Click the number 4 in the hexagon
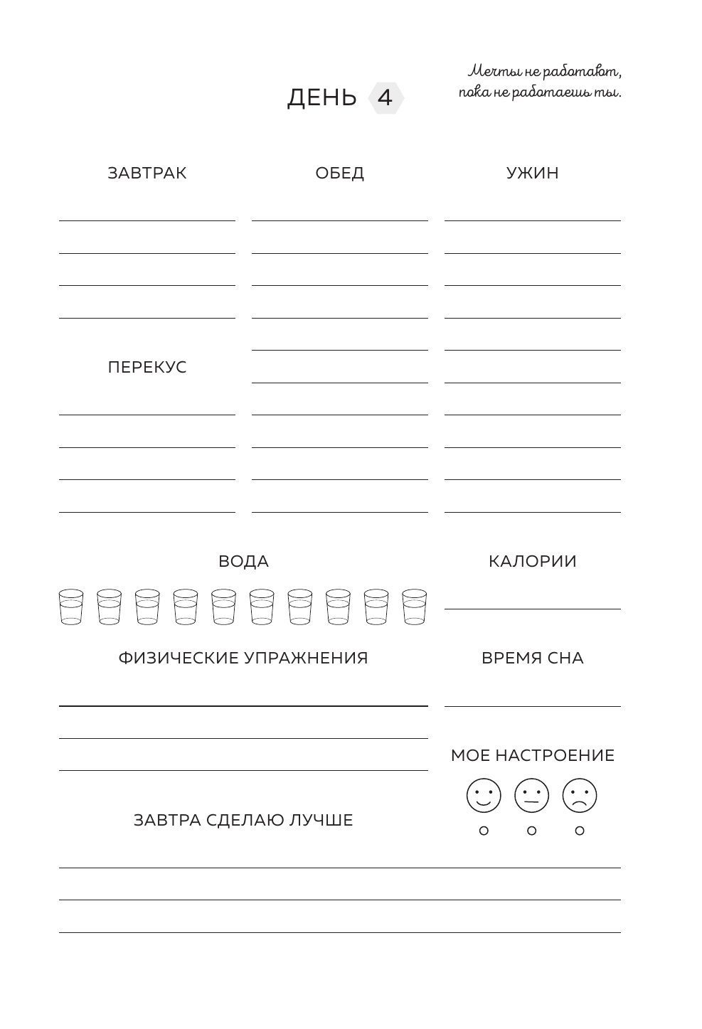pyautogui.click(x=385, y=97)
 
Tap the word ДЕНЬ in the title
pyautogui.click(x=321, y=97)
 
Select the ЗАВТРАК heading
pyautogui.click(x=147, y=174)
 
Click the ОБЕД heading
pyautogui.click(x=340, y=174)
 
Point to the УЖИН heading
pyautogui.click(x=533, y=174)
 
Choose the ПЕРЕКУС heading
pyautogui.click(x=147, y=368)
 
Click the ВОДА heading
pyautogui.click(x=243, y=562)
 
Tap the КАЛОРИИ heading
pyautogui.click(x=533, y=562)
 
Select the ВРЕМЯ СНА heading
pyautogui.click(x=533, y=659)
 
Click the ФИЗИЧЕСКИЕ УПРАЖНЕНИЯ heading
pyautogui.click(x=243, y=659)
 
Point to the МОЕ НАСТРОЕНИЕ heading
pyautogui.click(x=533, y=756)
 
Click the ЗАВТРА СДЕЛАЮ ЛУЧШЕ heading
pyautogui.click(x=243, y=821)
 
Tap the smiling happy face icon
pyautogui.click(x=484, y=796)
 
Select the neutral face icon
pyautogui.click(x=532, y=796)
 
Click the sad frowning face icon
pyautogui.click(x=580, y=796)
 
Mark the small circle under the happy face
pyautogui.click(x=484, y=831)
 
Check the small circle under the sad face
pyautogui.click(x=580, y=831)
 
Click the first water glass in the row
pyautogui.click(x=71, y=607)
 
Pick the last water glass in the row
pyautogui.click(x=414, y=607)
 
